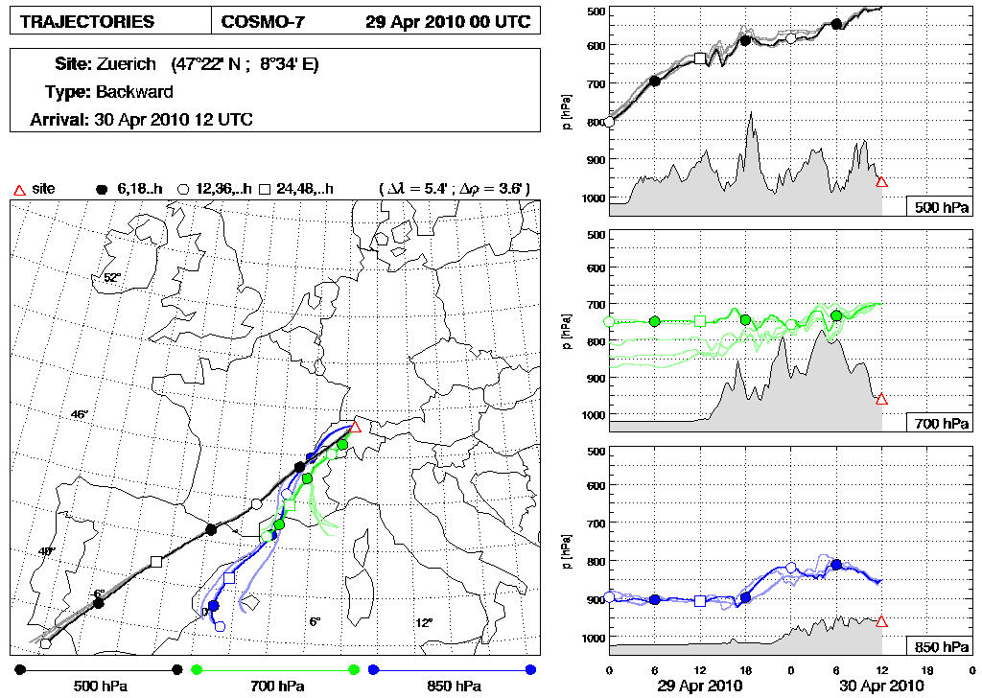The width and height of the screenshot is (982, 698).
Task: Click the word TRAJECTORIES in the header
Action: (x=87, y=21)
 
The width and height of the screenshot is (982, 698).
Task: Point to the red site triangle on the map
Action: (x=355, y=427)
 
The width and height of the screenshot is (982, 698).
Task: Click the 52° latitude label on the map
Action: (x=112, y=278)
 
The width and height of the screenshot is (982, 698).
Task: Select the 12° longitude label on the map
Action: (x=424, y=622)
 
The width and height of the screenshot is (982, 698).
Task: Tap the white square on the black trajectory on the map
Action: (x=156, y=562)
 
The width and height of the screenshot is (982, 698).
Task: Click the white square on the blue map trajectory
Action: (x=229, y=577)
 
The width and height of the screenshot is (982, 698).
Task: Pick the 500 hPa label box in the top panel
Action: (x=940, y=206)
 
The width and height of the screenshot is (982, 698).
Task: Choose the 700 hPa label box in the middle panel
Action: (x=940, y=423)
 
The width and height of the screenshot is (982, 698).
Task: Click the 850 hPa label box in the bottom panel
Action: (x=940, y=640)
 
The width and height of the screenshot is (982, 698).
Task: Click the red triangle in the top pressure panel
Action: (x=881, y=181)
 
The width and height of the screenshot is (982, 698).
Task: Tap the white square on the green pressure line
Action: (x=699, y=321)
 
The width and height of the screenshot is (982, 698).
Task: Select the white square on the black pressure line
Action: (x=699, y=59)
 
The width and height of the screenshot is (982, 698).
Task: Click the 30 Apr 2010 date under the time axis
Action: (x=880, y=686)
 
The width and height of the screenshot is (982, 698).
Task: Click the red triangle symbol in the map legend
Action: (x=17, y=189)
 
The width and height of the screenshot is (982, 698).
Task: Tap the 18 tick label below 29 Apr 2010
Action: (x=745, y=669)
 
